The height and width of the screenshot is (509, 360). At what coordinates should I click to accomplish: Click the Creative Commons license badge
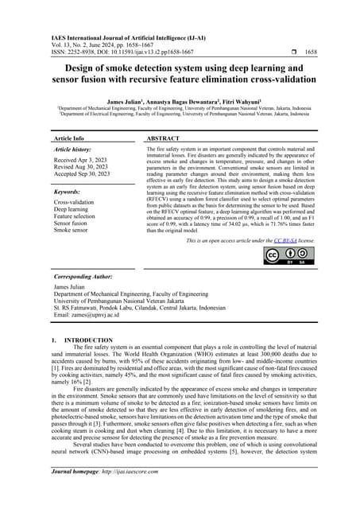pyautogui.click(x=283, y=256)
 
